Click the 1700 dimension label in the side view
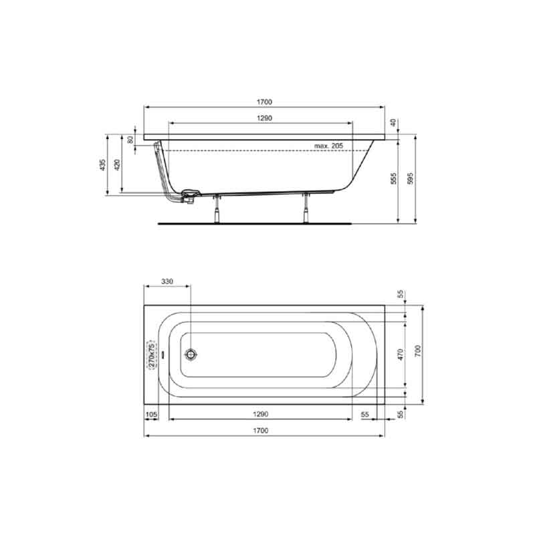pyautogui.click(x=264, y=102)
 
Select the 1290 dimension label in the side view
pyautogui.click(x=264, y=118)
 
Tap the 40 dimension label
pyautogui.click(x=393, y=122)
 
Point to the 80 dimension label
pyautogui.click(x=130, y=140)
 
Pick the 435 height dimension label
pyautogui.click(x=102, y=165)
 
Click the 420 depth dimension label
pyautogui.click(x=116, y=165)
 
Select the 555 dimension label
pyautogui.click(x=393, y=179)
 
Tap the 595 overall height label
pyautogui.click(x=410, y=179)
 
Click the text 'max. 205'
pyautogui.click(x=328, y=146)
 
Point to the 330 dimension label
pyautogui.click(x=167, y=281)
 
